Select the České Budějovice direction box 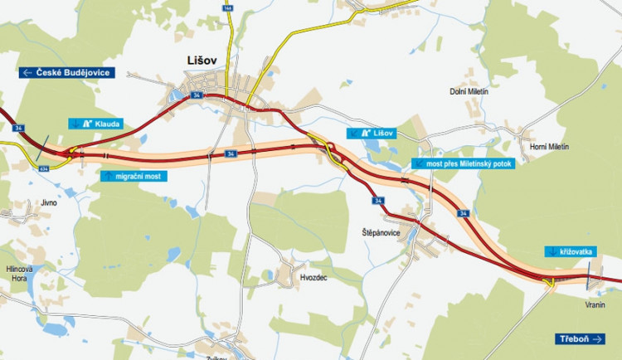pos(72,72)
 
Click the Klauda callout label pos(95,124)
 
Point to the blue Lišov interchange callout pos(371,133)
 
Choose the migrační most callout pos(132,176)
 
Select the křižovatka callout pos(571,251)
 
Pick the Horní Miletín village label pos(549,147)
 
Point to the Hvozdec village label pos(312,278)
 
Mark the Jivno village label pos(48,202)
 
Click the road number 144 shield pos(226,7)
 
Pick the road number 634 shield pos(43,169)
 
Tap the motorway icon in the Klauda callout pos(87,124)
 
